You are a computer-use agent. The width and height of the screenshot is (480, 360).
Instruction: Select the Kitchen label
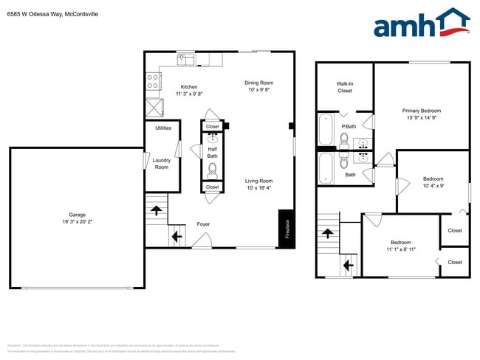point(188,87)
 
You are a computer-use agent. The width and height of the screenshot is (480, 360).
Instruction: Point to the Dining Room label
point(259,83)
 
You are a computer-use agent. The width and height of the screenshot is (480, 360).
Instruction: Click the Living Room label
point(259,181)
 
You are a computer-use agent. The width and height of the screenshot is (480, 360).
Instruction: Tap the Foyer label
point(203,224)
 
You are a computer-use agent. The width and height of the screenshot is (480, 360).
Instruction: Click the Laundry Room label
point(162,164)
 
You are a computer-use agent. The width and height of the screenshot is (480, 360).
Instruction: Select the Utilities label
point(163,128)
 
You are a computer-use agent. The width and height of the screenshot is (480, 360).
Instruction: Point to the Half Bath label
point(212,153)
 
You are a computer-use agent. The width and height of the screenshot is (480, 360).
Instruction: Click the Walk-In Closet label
point(345,87)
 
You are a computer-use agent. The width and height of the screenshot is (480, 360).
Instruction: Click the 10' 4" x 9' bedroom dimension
point(433,186)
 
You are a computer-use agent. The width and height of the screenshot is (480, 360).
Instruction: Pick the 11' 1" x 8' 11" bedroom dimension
point(401,249)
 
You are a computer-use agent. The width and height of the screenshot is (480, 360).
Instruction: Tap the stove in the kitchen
point(153,80)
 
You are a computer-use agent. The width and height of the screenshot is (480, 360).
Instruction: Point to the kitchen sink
point(185,58)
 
